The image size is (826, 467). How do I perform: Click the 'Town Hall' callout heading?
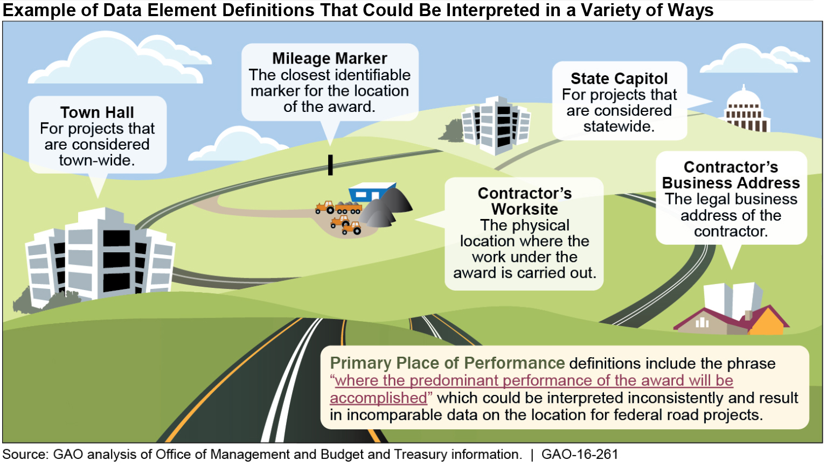(x=97, y=112)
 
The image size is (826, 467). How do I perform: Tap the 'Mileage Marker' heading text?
(x=329, y=58)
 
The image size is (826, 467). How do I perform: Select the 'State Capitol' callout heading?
(x=619, y=79)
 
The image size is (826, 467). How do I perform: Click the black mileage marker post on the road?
(x=330, y=165)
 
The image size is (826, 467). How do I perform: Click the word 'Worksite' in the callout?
(x=524, y=209)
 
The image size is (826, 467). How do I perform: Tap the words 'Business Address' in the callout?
(x=731, y=183)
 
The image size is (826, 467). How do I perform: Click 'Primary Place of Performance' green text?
(x=447, y=363)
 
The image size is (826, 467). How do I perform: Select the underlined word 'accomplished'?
(x=378, y=398)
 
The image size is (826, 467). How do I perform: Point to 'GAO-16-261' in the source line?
(x=580, y=455)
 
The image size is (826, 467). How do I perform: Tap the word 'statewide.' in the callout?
(x=619, y=126)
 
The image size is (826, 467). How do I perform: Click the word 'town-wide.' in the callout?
(x=97, y=160)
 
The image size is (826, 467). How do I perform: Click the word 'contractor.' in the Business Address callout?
(x=731, y=231)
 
